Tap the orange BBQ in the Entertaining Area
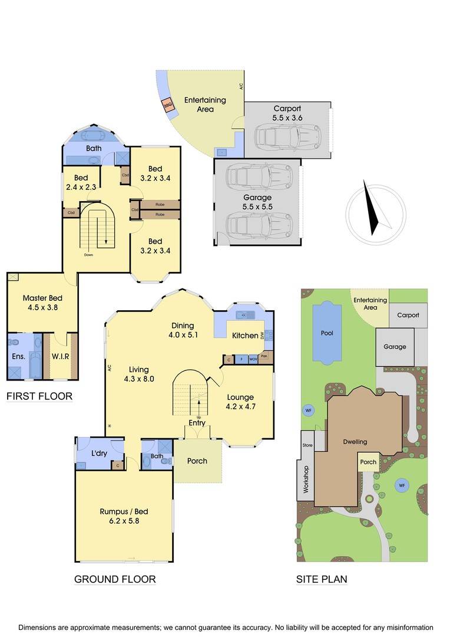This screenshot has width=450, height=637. click(167, 105)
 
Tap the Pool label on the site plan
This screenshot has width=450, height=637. click(327, 333)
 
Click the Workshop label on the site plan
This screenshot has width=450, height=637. click(306, 479)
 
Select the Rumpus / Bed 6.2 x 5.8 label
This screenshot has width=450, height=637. click(123, 516)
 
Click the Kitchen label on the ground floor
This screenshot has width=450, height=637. click(245, 336)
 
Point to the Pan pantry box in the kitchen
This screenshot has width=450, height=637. click(264, 356)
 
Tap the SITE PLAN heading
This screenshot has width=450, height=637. click(321, 580)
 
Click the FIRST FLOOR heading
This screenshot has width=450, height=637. click(39, 396)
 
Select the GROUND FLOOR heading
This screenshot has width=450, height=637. click(115, 580)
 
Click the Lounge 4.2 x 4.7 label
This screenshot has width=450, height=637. click(240, 402)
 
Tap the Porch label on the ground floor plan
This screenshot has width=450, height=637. click(197, 461)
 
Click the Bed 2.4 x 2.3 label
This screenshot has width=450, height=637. click(81, 182)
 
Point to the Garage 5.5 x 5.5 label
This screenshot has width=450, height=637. click(257, 202)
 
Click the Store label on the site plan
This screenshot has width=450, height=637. click(307, 445)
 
